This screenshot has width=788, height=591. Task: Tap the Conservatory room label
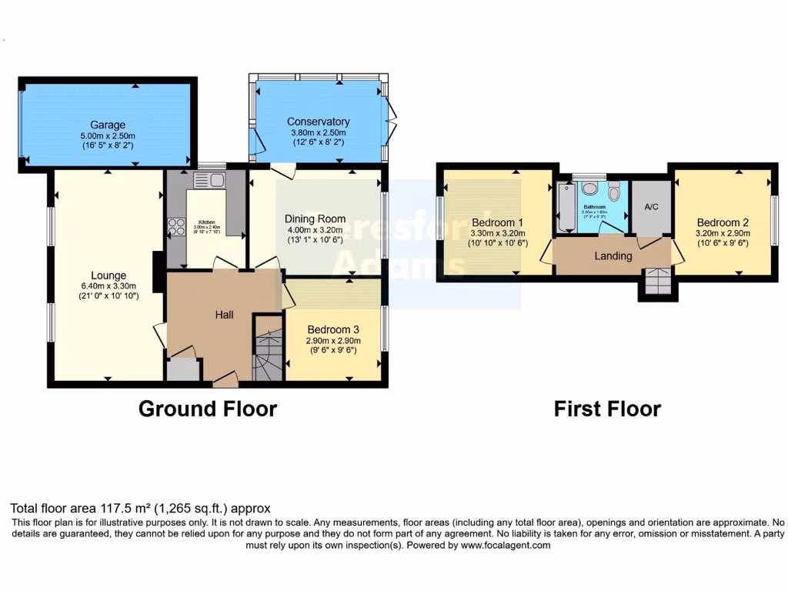click(318, 122)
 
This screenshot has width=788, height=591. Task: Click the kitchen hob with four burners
click(175, 227)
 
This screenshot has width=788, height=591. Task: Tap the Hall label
click(224, 315)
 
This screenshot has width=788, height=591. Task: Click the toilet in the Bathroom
click(614, 189)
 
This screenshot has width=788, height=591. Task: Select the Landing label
click(613, 255)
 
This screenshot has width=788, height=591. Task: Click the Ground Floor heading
click(207, 409)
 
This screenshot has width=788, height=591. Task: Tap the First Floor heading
click(607, 409)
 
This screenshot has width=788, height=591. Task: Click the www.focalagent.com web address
click(506, 545)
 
